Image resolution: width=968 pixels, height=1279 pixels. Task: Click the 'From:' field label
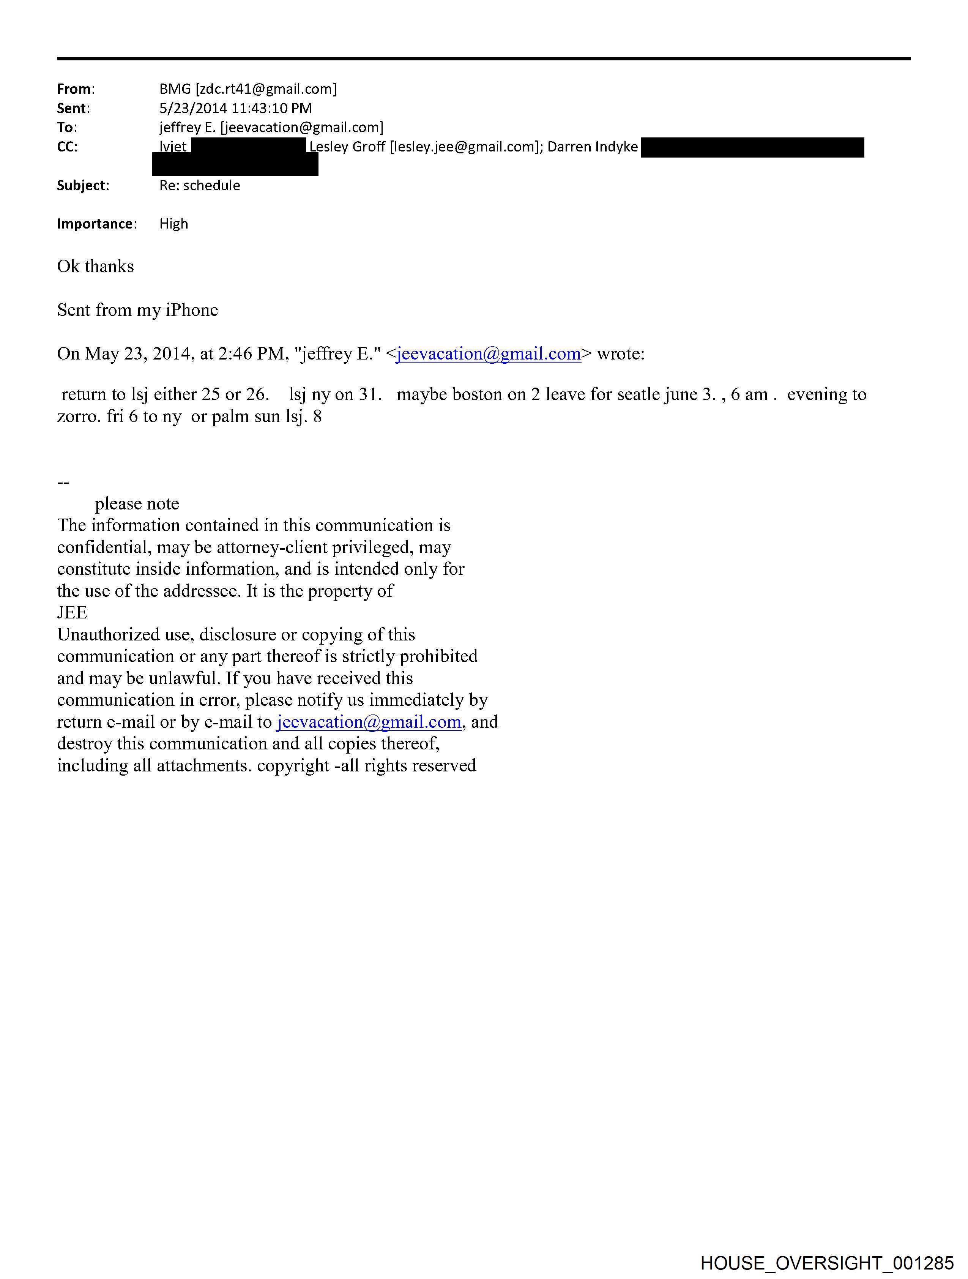pos(76,89)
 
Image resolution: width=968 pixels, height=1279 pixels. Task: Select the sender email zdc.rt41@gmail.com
pos(265,89)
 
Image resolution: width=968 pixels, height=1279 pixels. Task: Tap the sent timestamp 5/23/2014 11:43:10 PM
pos(235,108)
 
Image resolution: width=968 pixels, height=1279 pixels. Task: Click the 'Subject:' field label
pos(83,186)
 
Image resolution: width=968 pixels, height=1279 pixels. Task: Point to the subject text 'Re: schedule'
pos(200,186)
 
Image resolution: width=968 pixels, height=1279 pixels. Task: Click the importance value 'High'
pos(173,224)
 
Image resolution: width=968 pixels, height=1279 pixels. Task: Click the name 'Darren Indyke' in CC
pos(592,147)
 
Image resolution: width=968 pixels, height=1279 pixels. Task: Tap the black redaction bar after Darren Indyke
pos(752,147)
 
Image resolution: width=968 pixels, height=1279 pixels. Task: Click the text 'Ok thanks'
pos(95,267)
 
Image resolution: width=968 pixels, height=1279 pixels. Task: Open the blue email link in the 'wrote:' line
pos(489,354)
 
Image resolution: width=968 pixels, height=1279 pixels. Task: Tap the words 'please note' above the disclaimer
pos(137,504)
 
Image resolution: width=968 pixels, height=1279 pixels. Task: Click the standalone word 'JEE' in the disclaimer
pos(72,613)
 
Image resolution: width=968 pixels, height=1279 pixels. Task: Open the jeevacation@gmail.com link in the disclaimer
pos(369,722)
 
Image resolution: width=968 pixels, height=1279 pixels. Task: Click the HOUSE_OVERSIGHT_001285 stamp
pos(827,1262)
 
